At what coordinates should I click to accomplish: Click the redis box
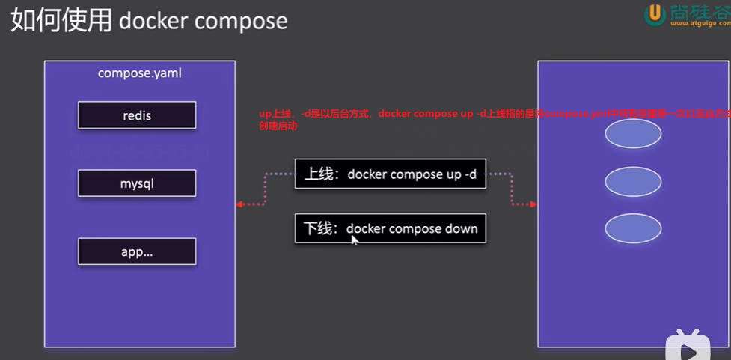(137, 115)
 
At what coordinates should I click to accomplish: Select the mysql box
(137, 183)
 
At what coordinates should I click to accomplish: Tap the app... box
(137, 251)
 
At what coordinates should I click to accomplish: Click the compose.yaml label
(140, 73)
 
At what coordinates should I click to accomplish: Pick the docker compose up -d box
(390, 174)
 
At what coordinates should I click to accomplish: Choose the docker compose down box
(390, 228)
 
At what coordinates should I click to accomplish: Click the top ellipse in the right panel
(633, 134)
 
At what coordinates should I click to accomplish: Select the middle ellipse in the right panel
(633, 182)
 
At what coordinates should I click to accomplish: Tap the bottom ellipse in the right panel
(633, 229)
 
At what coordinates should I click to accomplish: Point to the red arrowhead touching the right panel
(533, 204)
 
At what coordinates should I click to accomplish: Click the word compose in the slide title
(241, 21)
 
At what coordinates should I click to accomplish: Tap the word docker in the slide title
(153, 21)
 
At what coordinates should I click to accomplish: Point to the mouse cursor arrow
(355, 240)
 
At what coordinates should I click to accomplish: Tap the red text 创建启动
(278, 126)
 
